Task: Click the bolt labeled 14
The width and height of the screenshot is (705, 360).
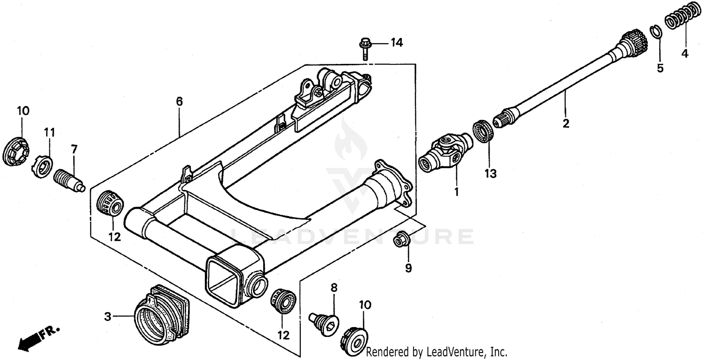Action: click(365, 47)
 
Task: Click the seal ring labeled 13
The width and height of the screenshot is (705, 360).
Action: click(483, 131)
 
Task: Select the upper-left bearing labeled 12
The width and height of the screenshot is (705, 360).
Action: click(110, 203)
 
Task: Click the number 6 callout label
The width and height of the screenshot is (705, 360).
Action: click(179, 102)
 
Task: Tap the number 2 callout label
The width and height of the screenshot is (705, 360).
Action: click(566, 124)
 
